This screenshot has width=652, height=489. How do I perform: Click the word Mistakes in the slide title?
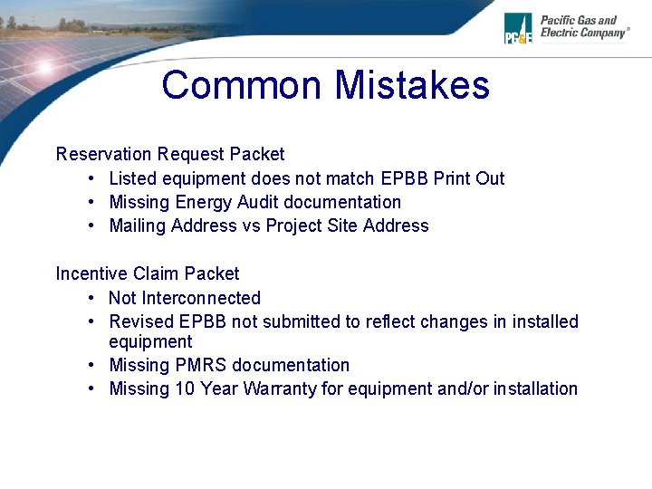point(412,85)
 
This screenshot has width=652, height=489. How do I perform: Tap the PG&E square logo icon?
point(518,28)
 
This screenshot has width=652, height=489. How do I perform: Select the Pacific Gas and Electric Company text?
point(583,26)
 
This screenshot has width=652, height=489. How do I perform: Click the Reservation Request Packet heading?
point(170,154)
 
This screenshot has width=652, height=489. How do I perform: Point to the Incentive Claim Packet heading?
point(148,273)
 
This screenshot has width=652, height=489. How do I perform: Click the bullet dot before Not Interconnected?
point(93,299)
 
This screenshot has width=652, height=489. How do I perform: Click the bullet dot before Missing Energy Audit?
point(93,203)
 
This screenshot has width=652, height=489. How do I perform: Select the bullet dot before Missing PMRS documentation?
point(93,366)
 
